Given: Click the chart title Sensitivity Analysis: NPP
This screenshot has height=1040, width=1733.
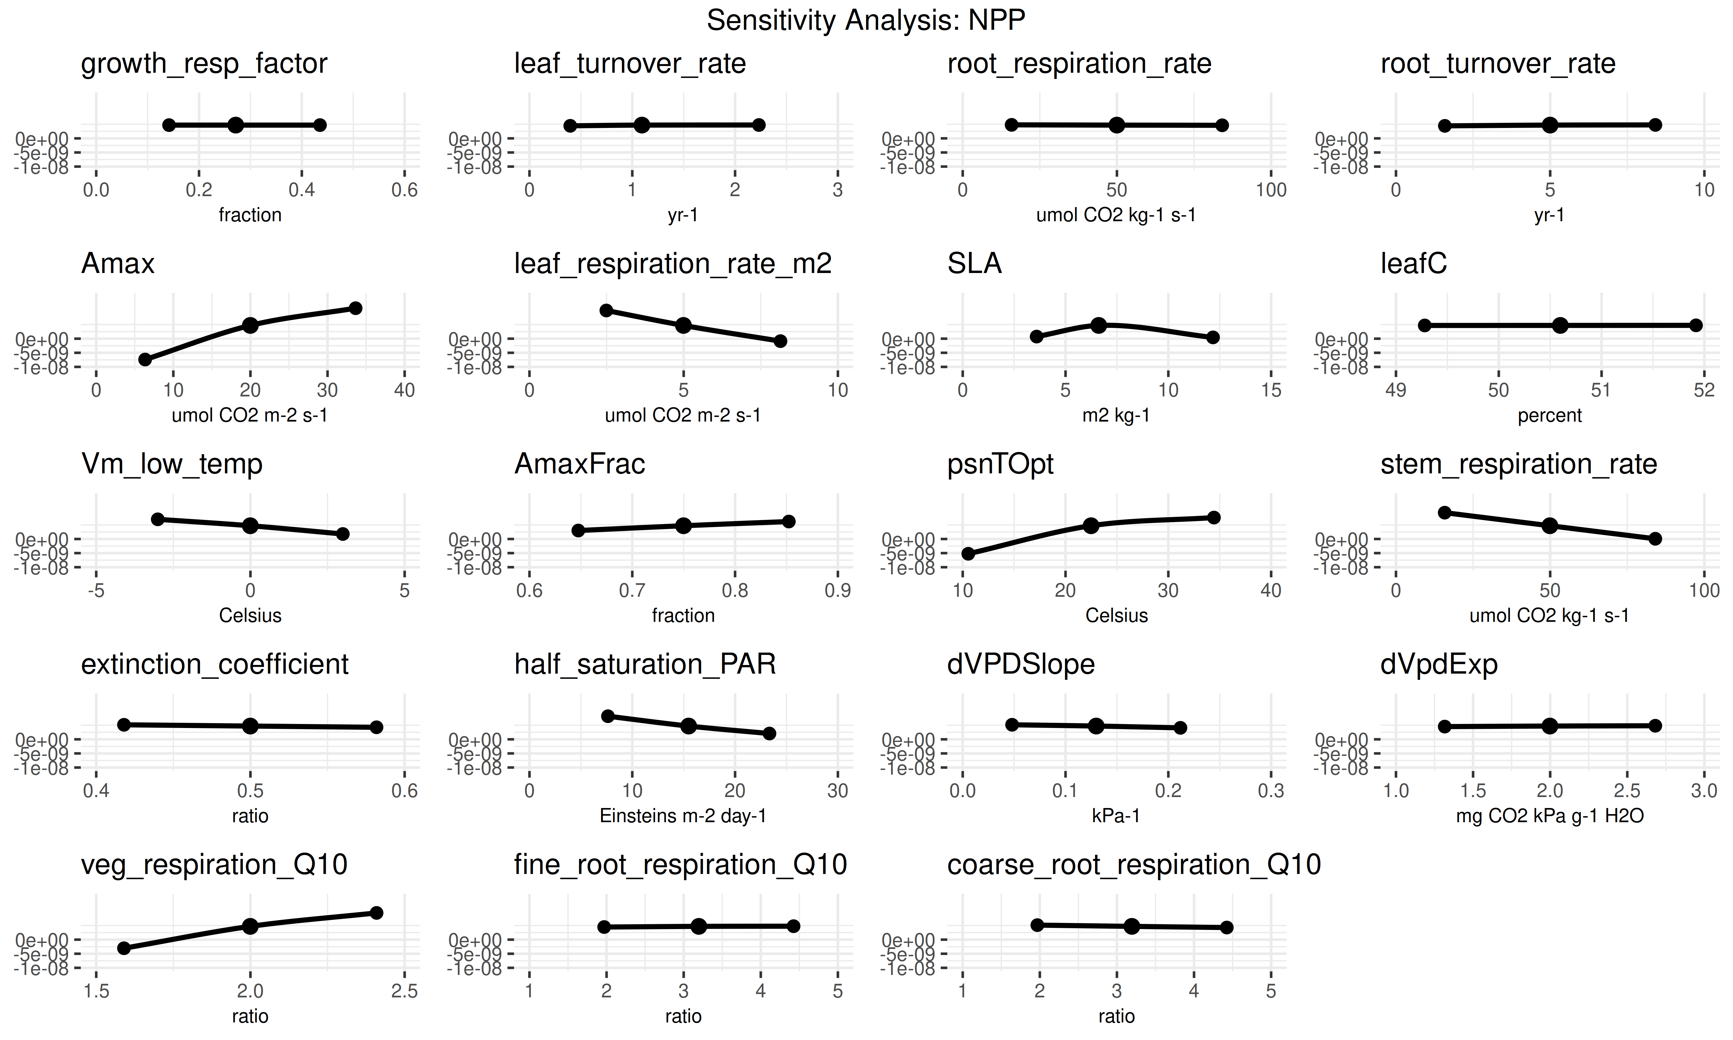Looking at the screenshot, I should [866, 20].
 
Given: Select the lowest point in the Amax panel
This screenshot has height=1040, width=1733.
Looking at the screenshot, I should [145, 359].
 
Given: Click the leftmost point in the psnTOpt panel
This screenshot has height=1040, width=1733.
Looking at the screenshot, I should [968, 554].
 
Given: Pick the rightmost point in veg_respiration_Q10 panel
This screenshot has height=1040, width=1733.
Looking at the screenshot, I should [376, 912].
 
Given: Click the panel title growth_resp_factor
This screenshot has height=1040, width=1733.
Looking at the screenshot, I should [204, 64].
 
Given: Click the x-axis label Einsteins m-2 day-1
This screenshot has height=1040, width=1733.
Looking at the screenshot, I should [683, 816].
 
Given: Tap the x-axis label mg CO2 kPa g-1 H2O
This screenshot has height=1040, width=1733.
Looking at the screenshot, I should [1550, 816].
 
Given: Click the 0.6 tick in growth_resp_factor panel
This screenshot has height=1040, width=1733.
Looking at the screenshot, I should [404, 190].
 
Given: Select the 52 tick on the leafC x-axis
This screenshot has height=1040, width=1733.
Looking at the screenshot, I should [1704, 390].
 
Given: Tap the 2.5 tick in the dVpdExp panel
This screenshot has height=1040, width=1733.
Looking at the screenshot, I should [1626, 791].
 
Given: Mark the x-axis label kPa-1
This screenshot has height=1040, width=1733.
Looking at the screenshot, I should [1116, 816].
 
